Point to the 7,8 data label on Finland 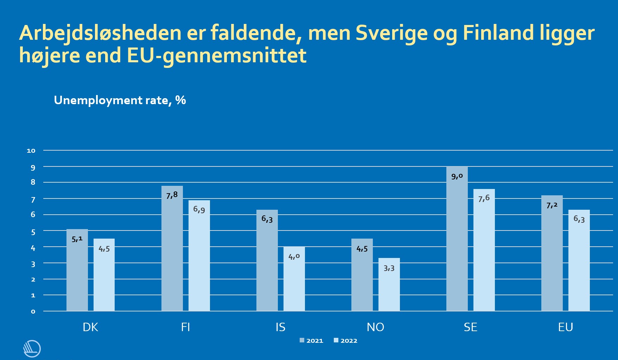172,195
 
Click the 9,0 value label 457,176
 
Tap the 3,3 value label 389,268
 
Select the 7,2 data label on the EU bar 552,205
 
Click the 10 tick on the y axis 31,151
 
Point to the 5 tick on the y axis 33,232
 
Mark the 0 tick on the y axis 33,311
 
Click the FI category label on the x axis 185,327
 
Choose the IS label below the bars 280,327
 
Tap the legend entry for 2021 311,341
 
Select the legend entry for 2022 345,341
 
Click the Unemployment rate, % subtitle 120,100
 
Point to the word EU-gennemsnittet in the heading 217,56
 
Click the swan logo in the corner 32,348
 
